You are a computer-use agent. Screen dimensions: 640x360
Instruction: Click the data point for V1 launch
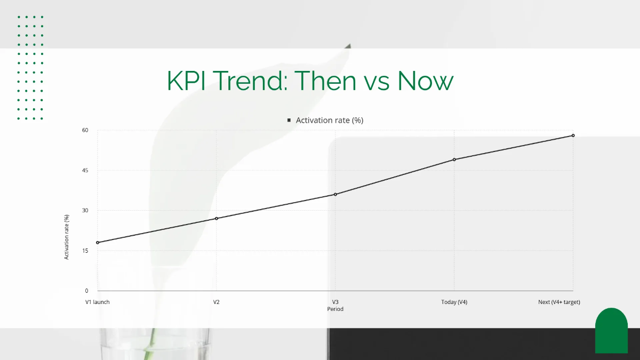click(x=98, y=243)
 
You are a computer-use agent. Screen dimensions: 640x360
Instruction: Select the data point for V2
click(x=217, y=219)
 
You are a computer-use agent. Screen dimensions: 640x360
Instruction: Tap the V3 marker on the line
click(x=335, y=194)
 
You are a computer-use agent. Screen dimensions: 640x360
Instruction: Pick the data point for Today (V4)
click(x=454, y=159)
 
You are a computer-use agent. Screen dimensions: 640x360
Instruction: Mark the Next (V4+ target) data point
click(x=573, y=135)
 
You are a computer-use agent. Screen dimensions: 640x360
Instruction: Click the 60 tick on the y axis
click(x=85, y=130)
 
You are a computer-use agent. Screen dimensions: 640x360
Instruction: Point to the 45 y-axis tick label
click(x=85, y=171)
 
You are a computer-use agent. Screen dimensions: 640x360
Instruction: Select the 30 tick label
click(x=85, y=211)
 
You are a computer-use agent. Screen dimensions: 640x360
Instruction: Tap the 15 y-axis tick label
click(x=85, y=251)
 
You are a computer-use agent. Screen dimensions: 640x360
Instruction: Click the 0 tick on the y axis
click(x=86, y=291)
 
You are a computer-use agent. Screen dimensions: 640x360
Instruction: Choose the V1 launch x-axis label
click(x=98, y=302)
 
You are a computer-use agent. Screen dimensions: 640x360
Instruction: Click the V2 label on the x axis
click(x=217, y=302)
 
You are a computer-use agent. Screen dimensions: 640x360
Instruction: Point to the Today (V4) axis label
click(x=454, y=302)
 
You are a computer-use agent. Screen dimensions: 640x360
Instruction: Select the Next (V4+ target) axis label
click(x=559, y=302)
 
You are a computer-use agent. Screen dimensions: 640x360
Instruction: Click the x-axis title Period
click(x=335, y=309)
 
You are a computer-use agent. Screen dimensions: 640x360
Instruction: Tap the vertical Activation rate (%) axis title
click(x=67, y=237)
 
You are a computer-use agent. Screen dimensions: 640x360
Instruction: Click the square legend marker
click(x=289, y=121)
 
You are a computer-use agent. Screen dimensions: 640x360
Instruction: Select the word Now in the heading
click(x=426, y=81)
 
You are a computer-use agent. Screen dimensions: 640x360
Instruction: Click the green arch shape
click(x=611, y=331)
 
